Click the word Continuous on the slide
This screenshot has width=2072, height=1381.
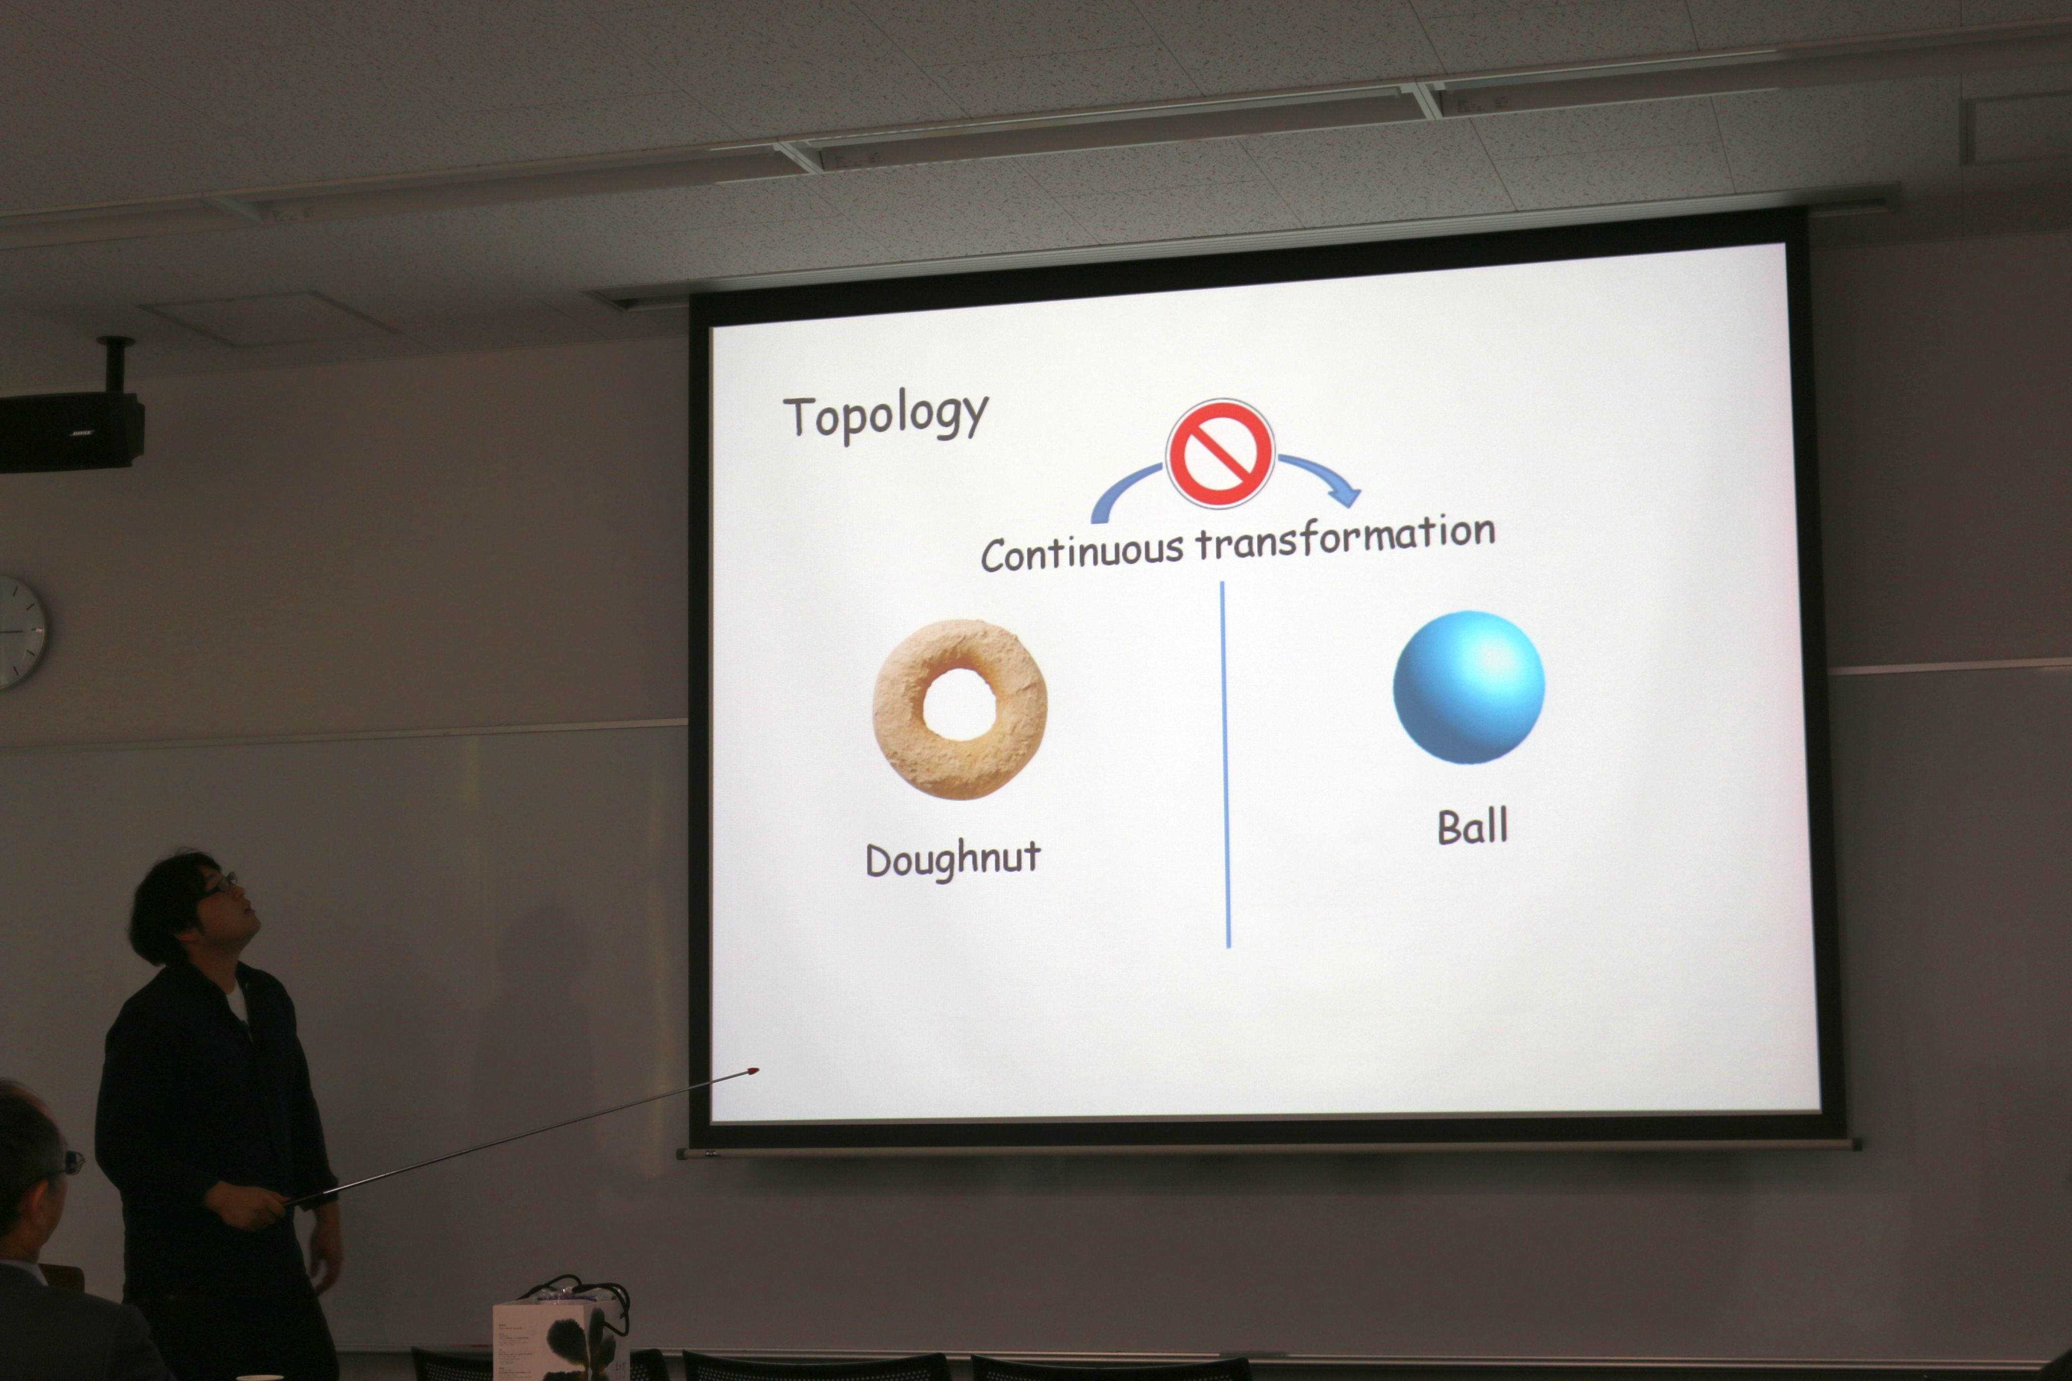pyautogui.click(x=1082, y=552)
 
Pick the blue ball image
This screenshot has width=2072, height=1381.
pyautogui.click(x=1469, y=687)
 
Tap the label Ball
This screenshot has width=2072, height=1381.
pyautogui.click(x=1472, y=826)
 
